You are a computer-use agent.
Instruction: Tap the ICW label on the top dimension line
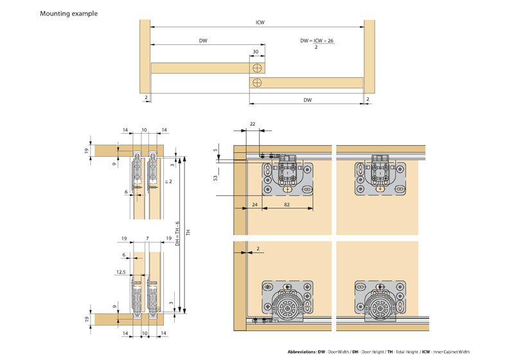[259, 22]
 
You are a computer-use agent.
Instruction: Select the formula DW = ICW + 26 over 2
[317, 42]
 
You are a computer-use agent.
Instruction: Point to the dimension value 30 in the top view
[256, 52]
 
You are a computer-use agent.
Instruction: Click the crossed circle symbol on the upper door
[257, 67]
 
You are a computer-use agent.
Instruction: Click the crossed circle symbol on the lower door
[257, 82]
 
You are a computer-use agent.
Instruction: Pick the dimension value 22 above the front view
[252, 124]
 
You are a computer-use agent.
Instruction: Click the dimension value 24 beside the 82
[254, 205]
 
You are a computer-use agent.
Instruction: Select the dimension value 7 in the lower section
[147, 238]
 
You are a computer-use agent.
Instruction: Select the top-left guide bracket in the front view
[286, 175]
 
